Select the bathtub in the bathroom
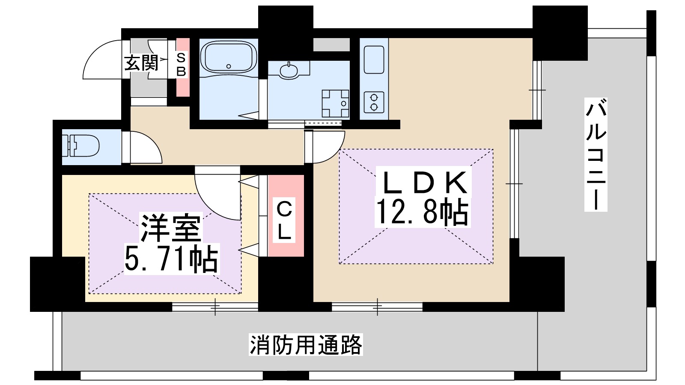229,58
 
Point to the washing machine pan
336,103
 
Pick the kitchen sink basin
374,59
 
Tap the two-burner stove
374,102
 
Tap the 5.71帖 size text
171,258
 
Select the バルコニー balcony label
596,154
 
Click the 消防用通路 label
306,345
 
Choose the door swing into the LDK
328,147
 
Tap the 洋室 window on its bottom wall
215,307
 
